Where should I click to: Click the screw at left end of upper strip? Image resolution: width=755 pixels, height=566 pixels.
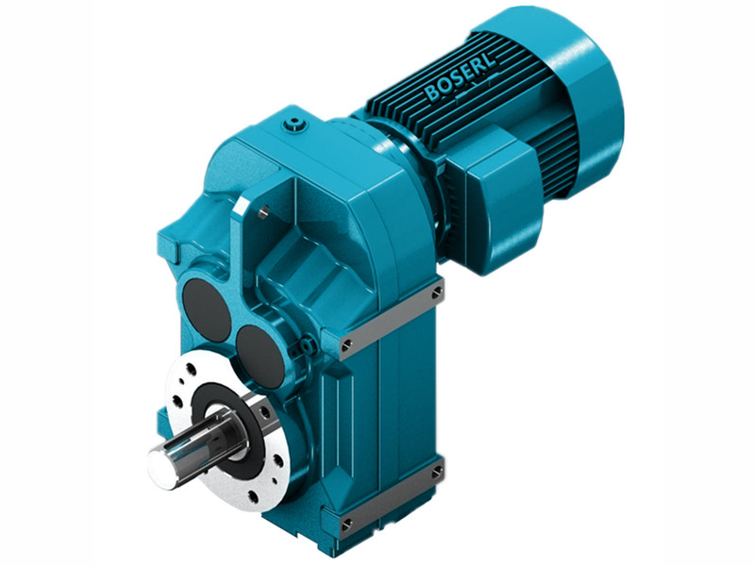[347, 343]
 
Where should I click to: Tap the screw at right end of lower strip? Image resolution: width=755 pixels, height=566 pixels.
[436, 468]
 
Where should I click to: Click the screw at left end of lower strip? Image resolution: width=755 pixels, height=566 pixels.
[347, 520]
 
